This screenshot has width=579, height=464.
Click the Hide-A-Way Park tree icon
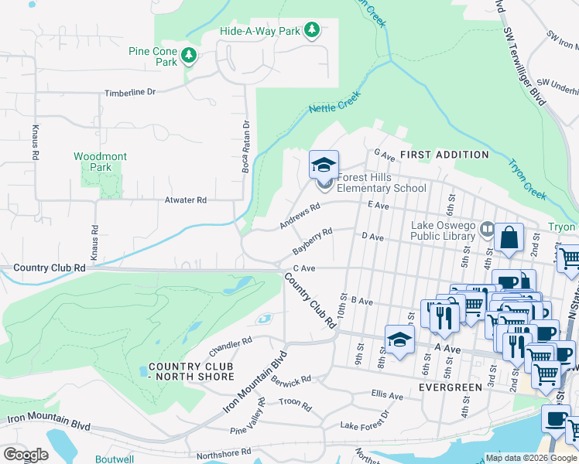pyautogui.click(x=311, y=30)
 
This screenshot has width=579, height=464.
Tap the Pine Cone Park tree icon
pyautogui.click(x=189, y=55)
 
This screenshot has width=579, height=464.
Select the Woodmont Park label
pyautogui.click(x=101, y=162)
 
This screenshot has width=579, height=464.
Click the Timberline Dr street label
pyautogui.click(x=130, y=92)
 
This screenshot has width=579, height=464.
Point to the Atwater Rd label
pyautogui.click(x=186, y=200)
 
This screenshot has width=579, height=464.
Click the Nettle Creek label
pyautogui.click(x=334, y=104)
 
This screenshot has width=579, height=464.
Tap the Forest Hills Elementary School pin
pyautogui.click(x=324, y=165)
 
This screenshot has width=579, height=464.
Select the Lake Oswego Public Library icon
pyautogui.click(x=487, y=228)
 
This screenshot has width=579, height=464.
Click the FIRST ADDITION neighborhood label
pyautogui.click(x=444, y=155)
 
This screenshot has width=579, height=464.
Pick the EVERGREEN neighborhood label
pyautogui.click(x=445, y=385)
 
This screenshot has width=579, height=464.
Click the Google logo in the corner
pyautogui.click(x=25, y=454)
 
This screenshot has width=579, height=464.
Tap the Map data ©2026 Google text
pyautogui.click(x=530, y=458)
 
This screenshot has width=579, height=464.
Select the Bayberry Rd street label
pyautogui.click(x=313, y=241)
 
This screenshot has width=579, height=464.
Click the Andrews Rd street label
pyautogui.click(x=300, y=217)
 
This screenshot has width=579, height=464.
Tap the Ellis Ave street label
pyautogui.click(x=387, y=395)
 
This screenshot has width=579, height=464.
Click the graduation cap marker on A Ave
pyautogui.click(x=399, y=339)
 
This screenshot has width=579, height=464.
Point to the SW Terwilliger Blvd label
pyautogui.click(x=523, y=69)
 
